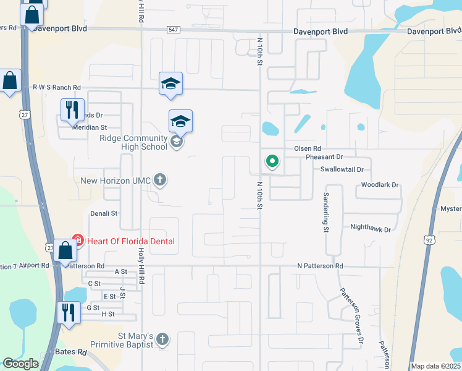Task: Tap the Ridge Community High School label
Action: click(x=133, y=143)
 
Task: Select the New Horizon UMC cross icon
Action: click(x=160, y=181)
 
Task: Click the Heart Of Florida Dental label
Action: click(x=131, y=241)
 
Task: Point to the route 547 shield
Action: click(x=173, y=30)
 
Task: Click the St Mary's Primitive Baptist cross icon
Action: click(x=162, y=339)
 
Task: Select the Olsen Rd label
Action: click(x=307, y=149)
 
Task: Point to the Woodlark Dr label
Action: click(x=380, y=185)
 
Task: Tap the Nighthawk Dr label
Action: click(x=371, y=229)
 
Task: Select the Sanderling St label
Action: click(x=325, y=212)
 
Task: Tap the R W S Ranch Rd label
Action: click(x=56, y=88)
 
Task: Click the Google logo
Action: click(x=20, y=364)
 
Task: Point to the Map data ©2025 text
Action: click(x=435, y=366)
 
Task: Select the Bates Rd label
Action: click(x=73, y=352)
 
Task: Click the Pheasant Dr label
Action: click(x=324, y=157)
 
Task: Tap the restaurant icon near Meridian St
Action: click(x=72, y=110)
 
